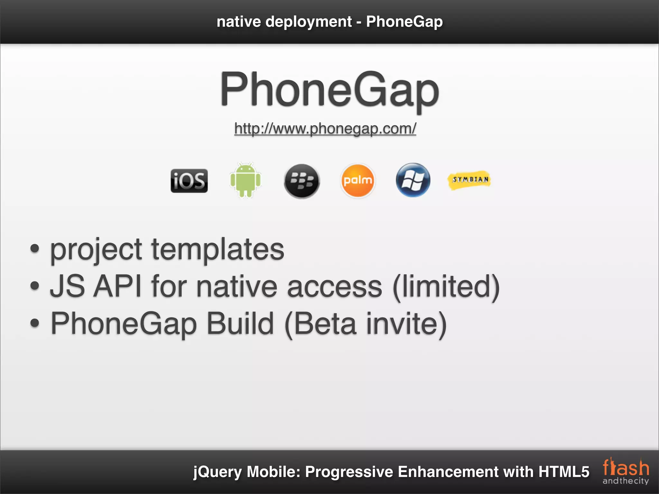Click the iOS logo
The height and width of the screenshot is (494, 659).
189,181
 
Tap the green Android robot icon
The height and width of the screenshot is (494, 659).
245,180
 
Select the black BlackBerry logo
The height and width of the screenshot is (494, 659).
302,181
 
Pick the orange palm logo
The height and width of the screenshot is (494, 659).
357,180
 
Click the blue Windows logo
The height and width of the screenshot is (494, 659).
413,180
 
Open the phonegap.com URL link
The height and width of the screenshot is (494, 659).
325,129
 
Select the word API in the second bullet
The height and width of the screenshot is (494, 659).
117,286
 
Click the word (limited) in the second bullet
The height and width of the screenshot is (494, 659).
446,287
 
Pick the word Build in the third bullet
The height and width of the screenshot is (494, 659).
240,324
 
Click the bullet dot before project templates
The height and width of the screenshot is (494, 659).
35,249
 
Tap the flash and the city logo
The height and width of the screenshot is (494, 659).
626,471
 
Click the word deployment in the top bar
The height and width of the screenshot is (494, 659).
309,22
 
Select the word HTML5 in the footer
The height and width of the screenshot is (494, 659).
564,472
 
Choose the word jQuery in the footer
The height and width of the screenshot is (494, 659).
217,472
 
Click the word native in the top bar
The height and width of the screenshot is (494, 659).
239,22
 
